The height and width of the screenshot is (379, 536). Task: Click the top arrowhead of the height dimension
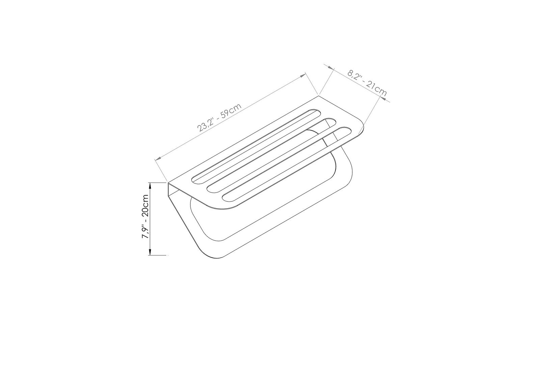tap(150, 186)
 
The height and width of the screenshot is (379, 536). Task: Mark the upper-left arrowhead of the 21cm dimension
tap(330, 68)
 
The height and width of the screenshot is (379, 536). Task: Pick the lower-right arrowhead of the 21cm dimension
tap(382, 98)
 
